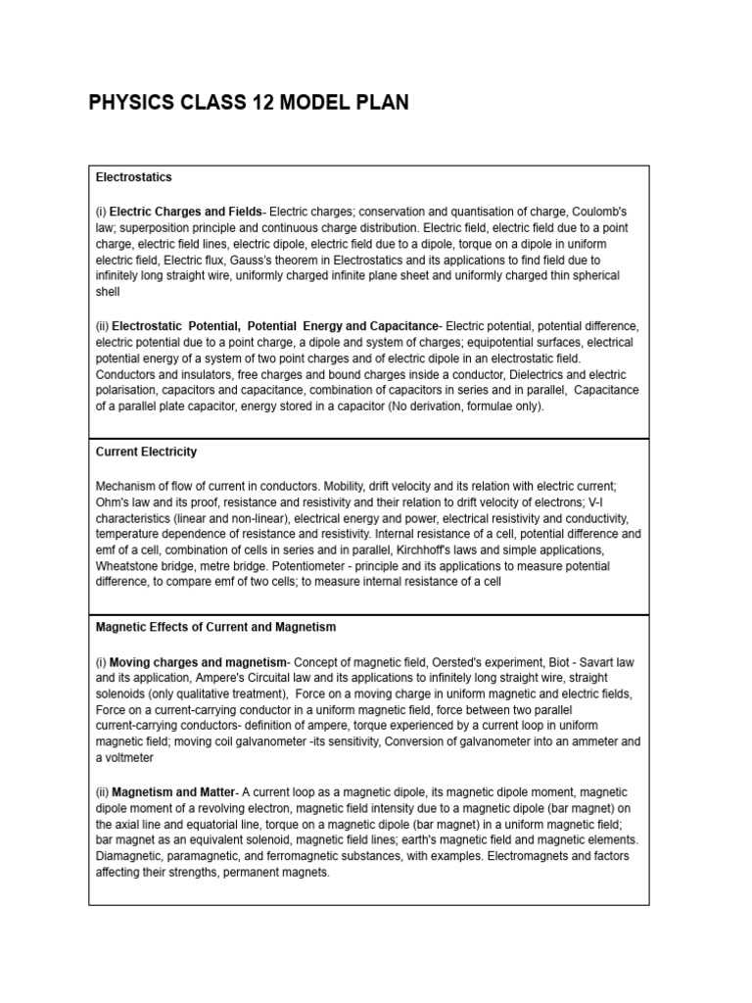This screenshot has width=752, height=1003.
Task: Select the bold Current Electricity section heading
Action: coord(146,452)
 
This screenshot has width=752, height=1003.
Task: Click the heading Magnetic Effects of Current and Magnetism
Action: coord(215,627)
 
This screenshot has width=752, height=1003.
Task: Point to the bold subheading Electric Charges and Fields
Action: coord(186,212)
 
